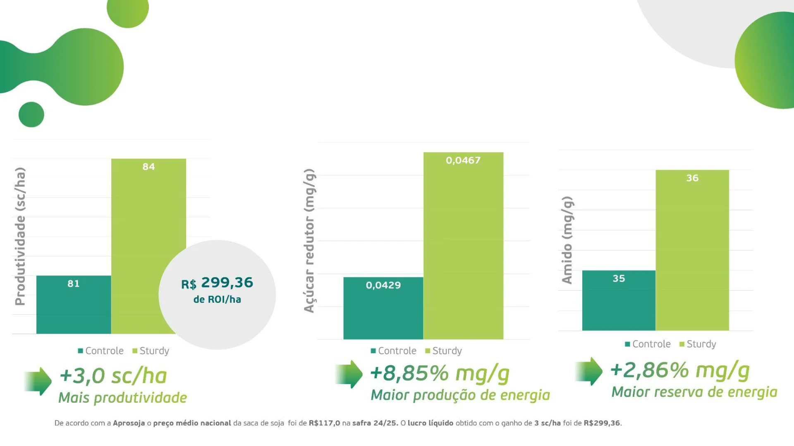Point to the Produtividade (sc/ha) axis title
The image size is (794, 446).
click(x=20, y=236)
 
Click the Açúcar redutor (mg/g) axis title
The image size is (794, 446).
click(x=309, y=241)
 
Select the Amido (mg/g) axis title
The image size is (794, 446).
click(x=567, y=240)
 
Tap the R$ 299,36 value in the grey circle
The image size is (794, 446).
click(x=217, y=283)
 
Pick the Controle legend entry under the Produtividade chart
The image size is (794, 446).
click(x=100, y=351)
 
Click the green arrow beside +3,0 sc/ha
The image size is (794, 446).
click(x=38, y=381)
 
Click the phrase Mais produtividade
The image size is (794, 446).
click(x=122, y=398)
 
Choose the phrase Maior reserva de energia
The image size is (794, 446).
click(x=694, y=392)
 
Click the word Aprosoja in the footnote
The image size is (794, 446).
click(x=129, y=423)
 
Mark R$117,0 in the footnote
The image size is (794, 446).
click(x=324, y=423)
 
